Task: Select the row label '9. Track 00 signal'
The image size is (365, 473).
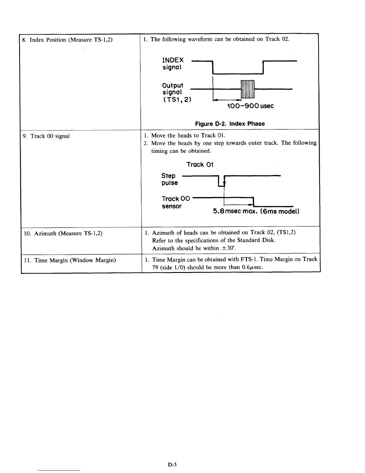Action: tap(47, 136)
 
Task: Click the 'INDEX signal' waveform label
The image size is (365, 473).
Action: tap(173, 64)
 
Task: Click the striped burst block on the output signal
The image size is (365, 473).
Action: tap(247, 89)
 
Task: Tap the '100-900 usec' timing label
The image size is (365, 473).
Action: tap(250, 106)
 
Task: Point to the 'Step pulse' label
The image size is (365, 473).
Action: tap(169, 179)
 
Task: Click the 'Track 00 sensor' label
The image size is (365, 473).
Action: tap(175, 202)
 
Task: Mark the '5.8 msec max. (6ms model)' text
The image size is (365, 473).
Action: tap(256, 211)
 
